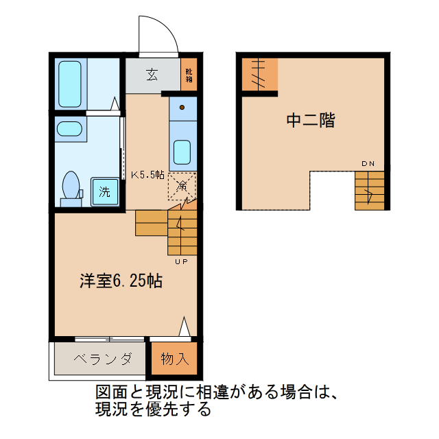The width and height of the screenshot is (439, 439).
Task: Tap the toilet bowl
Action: (71, 187)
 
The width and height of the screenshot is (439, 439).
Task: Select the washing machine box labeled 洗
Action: (104, 191)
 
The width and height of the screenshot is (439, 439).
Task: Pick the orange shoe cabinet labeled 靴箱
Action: (188, 75)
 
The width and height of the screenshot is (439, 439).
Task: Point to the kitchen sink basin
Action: (182, 150)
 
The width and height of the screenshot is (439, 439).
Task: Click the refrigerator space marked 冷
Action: (182, 185)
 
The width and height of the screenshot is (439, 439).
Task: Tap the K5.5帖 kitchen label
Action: (147, 174)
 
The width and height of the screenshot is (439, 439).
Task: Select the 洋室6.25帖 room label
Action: (121, 281)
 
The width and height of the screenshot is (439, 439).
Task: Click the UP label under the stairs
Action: (182, 261)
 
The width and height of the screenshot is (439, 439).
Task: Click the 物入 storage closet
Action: (173, 359)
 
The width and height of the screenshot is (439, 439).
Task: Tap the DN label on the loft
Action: (368, 163)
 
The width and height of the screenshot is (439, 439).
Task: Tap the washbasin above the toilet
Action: (69, 129)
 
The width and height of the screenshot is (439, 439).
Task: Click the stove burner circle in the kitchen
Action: (182, 108)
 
